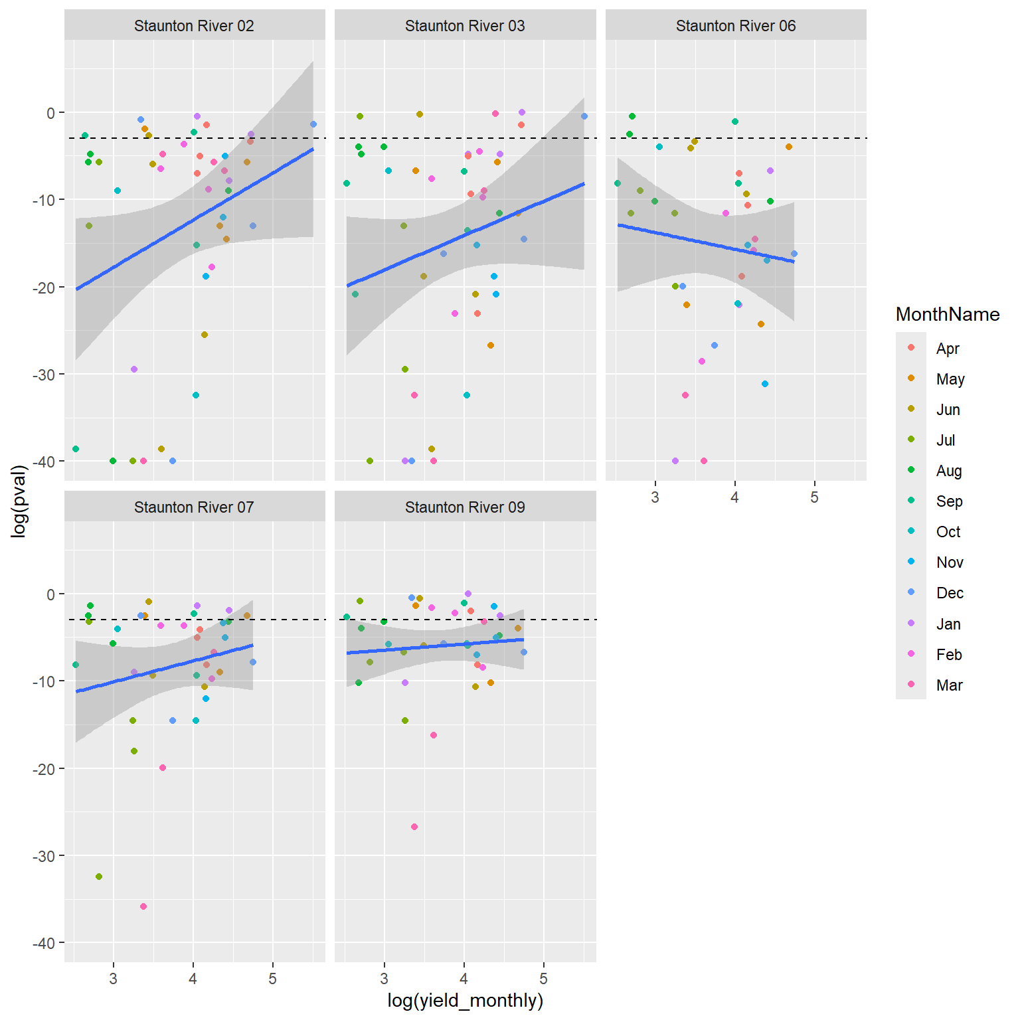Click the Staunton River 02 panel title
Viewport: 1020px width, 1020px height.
(194, 26)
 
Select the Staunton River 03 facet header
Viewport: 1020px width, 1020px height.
(465, 26)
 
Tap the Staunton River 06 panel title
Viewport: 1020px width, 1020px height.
(736, 26)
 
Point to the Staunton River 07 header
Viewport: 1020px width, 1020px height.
(194, 507)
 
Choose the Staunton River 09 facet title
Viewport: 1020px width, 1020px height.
(465, 507)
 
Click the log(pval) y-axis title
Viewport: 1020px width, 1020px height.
(19, 501)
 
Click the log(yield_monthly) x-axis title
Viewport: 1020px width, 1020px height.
(465, 1001)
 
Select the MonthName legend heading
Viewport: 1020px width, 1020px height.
(947, 314)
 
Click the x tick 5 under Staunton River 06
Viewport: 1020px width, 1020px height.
(814, 497)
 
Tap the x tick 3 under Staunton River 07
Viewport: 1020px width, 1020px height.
(113, 979)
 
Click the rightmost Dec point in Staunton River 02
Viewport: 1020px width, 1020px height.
(313, 124)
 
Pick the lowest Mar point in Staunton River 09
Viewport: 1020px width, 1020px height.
(414, 827)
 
